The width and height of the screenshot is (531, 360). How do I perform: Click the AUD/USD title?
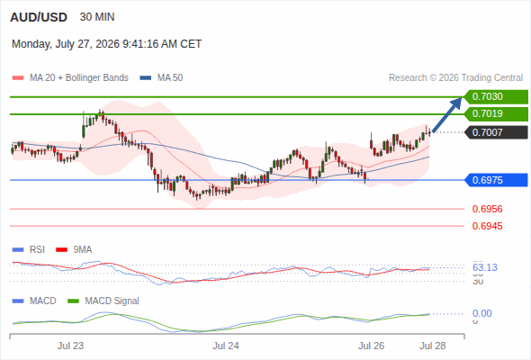(x=39, y=17)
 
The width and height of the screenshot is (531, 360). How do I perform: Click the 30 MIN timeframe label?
(x=97, y=17)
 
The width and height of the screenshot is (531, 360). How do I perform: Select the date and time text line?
(x=107, y=44)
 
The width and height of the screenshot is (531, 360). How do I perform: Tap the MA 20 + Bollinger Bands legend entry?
(x=70, y=78)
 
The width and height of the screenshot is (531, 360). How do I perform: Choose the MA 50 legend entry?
(x=161, y=78)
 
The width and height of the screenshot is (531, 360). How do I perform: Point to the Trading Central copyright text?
(x=455, y=78)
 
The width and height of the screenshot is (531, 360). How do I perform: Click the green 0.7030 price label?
(x=496, y=97)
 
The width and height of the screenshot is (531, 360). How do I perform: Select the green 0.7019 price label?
(x=496, y=113)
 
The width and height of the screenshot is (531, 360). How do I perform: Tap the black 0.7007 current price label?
(x=496, y=132)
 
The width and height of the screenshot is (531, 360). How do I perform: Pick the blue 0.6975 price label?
(x=496, y=180)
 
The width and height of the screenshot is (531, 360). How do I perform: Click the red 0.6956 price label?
(x=487, y=209)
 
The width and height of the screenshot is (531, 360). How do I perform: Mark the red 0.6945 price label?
(x=487, y=226)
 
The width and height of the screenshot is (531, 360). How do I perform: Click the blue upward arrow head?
(x=458, y=102)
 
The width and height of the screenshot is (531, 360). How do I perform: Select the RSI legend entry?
(x=29, y=250)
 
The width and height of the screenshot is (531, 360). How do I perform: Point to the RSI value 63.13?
(x=485, y=267)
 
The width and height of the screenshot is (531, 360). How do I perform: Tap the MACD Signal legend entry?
(x=103, y=301)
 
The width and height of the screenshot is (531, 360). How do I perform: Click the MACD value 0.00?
(x=481, y=313)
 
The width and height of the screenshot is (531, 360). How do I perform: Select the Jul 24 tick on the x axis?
(x=226, y=346)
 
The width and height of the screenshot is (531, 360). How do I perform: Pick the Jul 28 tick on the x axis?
(x=433, y=346)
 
